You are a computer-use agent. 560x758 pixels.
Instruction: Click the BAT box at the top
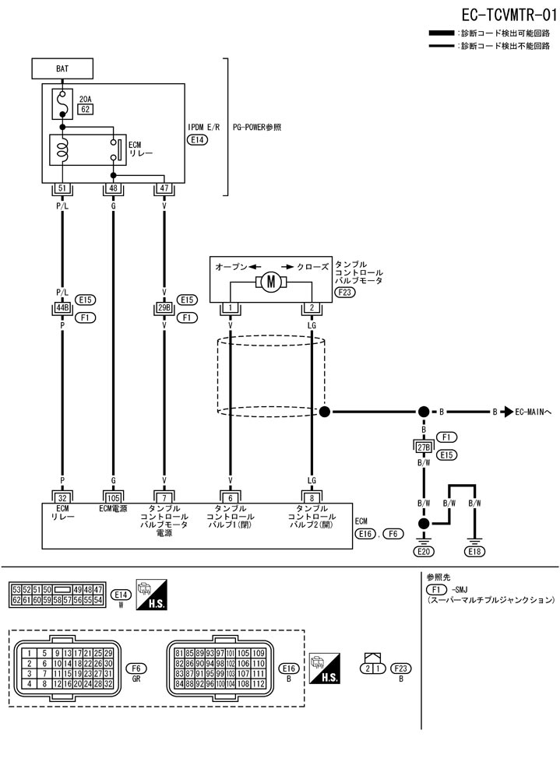coord(62,68)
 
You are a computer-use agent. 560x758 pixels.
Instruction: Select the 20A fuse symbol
coord(62,103)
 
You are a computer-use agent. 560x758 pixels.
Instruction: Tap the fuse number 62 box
coord(86,110)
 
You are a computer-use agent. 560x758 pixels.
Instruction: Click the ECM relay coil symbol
coord(63,149)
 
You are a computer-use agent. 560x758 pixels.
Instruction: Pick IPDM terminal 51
coord(62,188)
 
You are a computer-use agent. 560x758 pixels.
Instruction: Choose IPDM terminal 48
coord(113,188)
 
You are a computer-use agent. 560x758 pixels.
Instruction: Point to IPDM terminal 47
coord(164,188)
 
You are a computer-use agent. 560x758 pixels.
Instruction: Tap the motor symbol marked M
coord(271,282)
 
